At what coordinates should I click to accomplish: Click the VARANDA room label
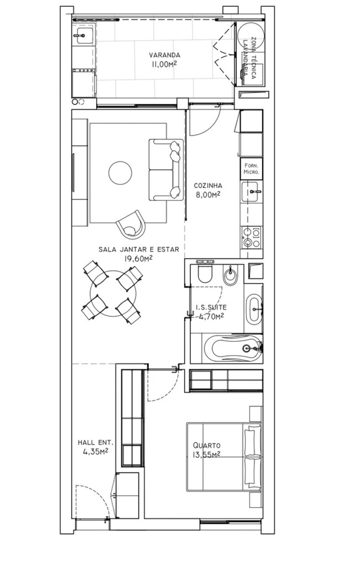pyautogui.click(x=164, y=55)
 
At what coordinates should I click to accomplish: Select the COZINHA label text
pyautogui.click(x=208, y=185)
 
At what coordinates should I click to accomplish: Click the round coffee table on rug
pyautogui.click(x=120, y=173)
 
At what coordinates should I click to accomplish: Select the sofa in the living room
pyautogui.click(x=166, y=169)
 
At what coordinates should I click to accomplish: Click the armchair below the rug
pyautogui.click(x=130, y=224)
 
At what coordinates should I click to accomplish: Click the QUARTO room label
pyautogui.click(x=206, y=445)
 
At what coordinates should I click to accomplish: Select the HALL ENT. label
pyautogui.click(x=95, y=443)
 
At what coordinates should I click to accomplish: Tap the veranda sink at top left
pyautogui.click(x=83, y=35)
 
